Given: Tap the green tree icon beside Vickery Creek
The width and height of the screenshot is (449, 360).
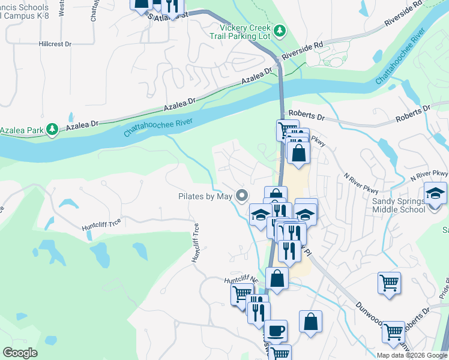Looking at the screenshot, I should (279, 30).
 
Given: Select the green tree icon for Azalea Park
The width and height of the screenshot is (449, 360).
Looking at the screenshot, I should (53, 129).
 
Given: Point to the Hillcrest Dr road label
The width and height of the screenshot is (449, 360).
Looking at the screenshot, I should (55, 44).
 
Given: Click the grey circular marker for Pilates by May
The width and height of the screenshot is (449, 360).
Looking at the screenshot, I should (242, 196).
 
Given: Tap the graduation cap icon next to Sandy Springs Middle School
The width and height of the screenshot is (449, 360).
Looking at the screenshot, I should (435, 193).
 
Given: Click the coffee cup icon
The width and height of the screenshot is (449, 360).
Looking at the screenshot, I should (276, 330).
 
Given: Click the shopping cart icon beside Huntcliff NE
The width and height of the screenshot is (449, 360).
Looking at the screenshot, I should (242, 293).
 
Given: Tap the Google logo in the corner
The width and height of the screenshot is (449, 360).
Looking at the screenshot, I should (20, 352).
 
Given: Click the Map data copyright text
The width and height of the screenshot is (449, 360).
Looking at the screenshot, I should (411, 355).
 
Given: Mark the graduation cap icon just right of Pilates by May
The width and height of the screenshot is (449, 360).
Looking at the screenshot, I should (261, 213).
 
